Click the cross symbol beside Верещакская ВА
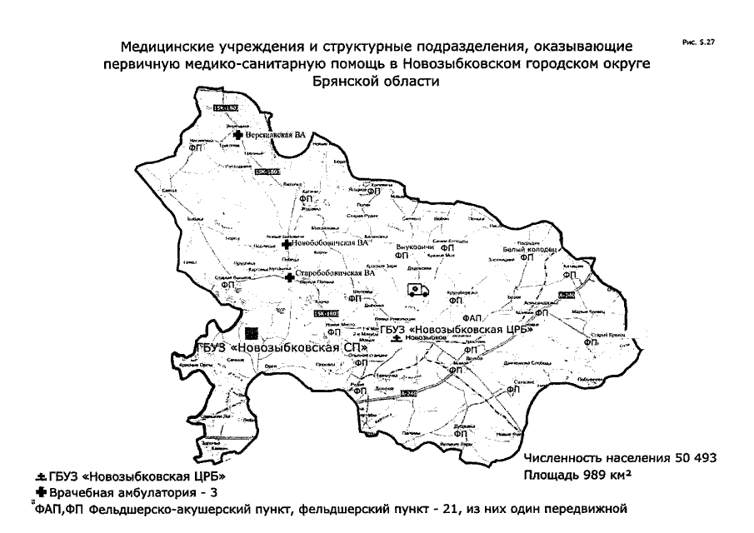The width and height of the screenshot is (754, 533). [x=237, y=133]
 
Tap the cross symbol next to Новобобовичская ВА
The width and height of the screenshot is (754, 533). [x=287, y=244]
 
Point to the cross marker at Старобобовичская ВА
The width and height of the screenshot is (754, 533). [x=289, y=276]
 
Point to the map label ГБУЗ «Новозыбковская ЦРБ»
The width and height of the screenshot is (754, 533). [x=450, y=330]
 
